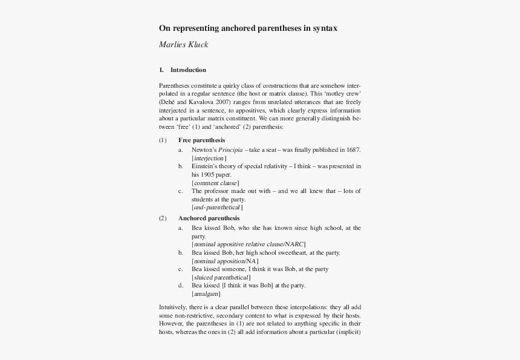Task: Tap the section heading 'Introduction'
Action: tap(188, 70)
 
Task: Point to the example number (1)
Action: tap(163, 140)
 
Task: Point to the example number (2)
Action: tap(163, 218)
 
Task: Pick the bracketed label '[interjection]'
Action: tap(209, 157)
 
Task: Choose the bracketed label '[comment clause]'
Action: tap(215, 183)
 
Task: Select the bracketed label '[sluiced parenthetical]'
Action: tap(221, 277)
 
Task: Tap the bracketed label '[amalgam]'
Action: tap(206, 293)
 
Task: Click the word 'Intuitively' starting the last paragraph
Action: tap(175, 307)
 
